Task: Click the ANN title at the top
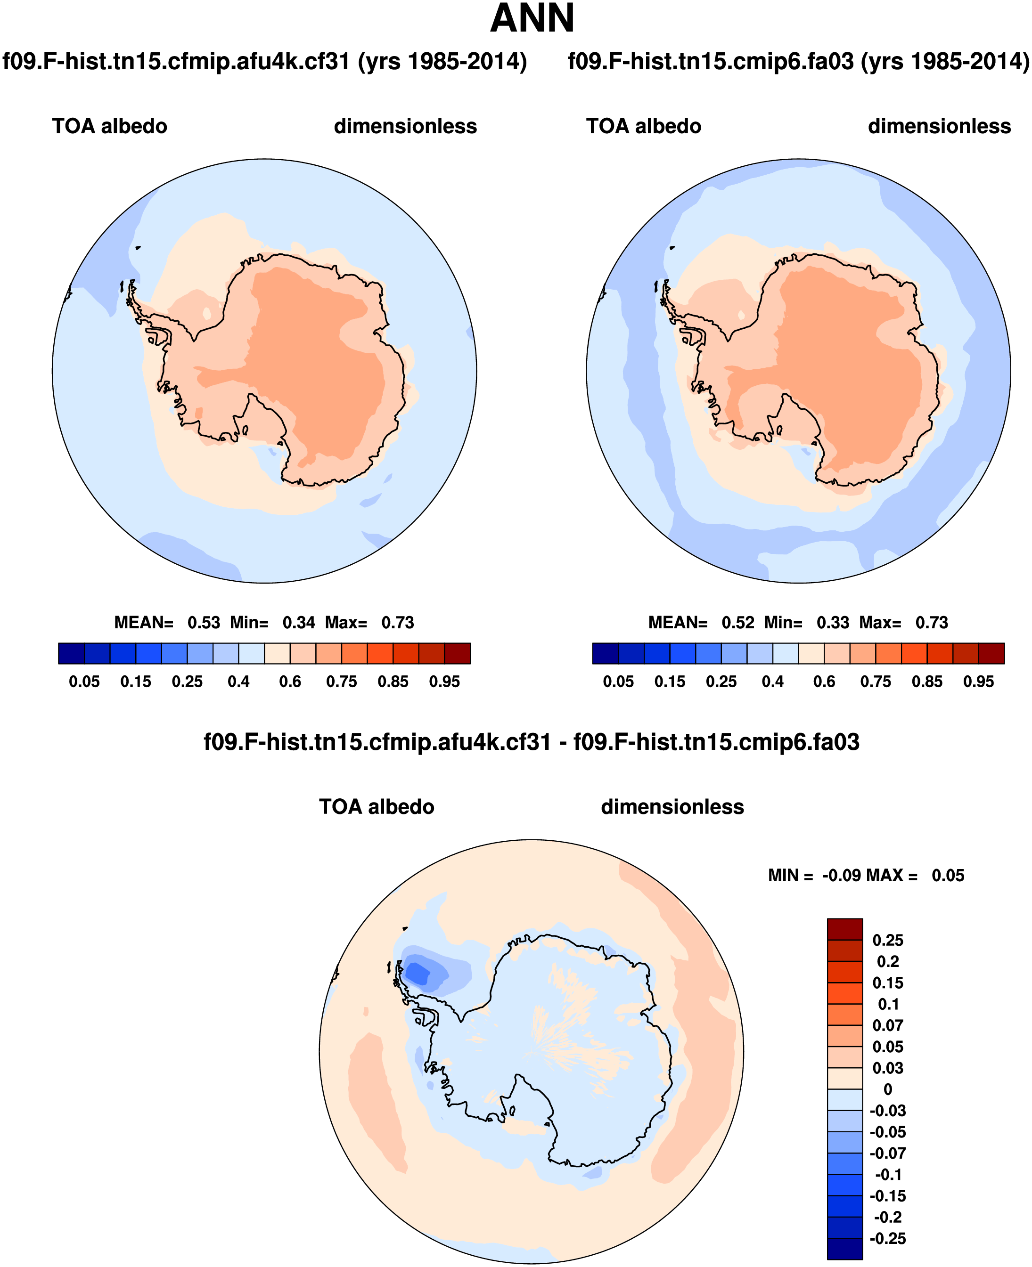coord(532,19)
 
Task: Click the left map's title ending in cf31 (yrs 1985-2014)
coord(264,62)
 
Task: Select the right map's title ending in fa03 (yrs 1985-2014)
coord(798,62)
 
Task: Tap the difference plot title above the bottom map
coord(532,742)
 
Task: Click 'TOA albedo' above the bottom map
coord(377,807)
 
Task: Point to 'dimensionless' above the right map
coord(939,127)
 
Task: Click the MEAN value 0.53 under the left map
coord(204,623)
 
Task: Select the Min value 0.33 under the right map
coord(833,623)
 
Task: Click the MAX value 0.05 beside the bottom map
coord(948,876)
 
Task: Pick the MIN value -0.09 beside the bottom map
coord(841,876)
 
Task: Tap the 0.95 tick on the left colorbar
coord(445,682)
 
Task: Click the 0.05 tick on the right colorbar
coord(618,682)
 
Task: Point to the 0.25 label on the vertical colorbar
coord(887,940)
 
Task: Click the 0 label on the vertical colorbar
coord(887,1089)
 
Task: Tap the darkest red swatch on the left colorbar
coord(457,653)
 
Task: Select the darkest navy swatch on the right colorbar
coord(605,653)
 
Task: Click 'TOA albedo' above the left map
coord(109,127)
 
